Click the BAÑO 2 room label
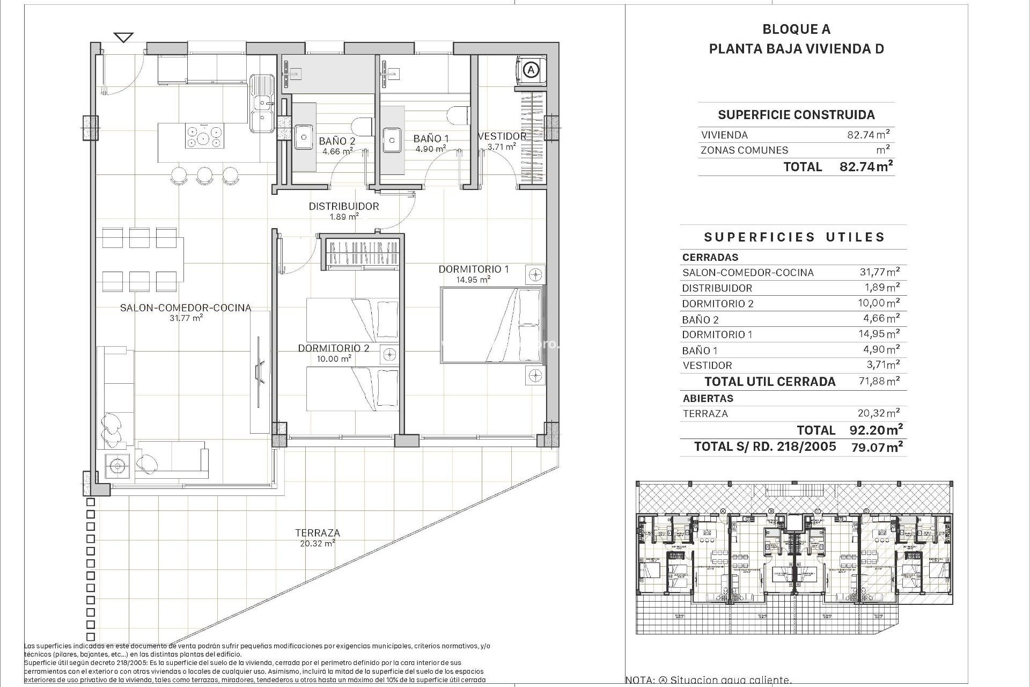336,141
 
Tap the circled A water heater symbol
531,70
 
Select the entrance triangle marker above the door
124,38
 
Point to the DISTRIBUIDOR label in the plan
343,206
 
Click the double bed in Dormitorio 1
491,325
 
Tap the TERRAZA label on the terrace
317,533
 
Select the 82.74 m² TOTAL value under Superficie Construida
865,166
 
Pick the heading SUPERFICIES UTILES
794,237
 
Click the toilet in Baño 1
460,115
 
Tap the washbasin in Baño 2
304,138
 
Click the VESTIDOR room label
502,136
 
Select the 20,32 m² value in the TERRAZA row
878,413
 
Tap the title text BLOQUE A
796,30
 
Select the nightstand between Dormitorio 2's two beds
390,354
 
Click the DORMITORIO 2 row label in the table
717,304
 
